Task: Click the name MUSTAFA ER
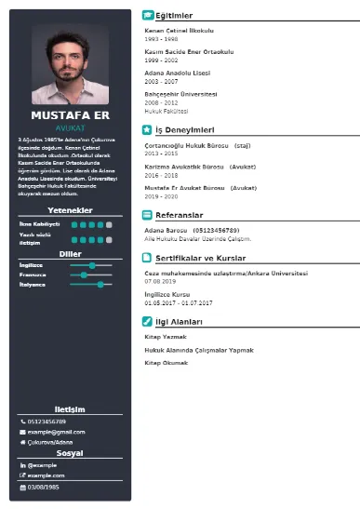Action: tap(71, 115)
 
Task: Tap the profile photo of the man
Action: tap(71, 65)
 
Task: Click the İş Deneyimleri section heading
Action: tap(185, 129)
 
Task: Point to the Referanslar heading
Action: tap(181, 214)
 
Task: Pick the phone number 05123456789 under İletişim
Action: tap(47, 421)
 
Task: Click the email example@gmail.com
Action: tap(49, 432)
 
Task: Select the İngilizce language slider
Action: tap(90, 264)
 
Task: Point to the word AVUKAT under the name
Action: tap(71, 127)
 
